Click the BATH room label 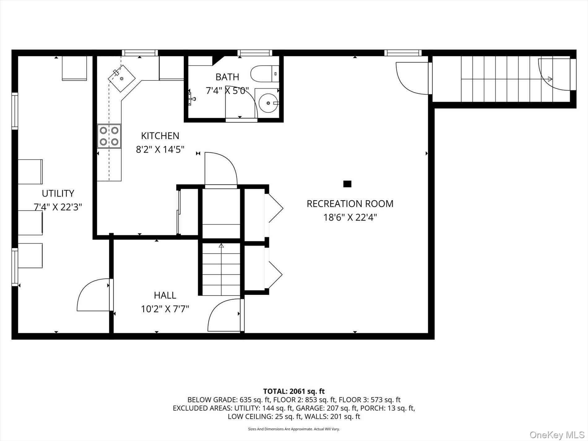pos(227,77)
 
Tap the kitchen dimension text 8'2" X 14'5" pos(160,150)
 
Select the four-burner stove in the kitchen pos(109,136)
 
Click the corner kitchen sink pos(121,78)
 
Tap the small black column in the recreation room pos(347,184)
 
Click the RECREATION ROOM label pos(350,204)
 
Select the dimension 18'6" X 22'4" pos(350,218)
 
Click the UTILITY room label pos(58,193)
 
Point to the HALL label pos(165,295)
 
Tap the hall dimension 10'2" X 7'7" pos(165,309)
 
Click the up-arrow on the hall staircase pos(221,246)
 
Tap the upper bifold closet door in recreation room pos(275,208)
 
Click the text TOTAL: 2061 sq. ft pos(294,391)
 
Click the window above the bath pos(255,53)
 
